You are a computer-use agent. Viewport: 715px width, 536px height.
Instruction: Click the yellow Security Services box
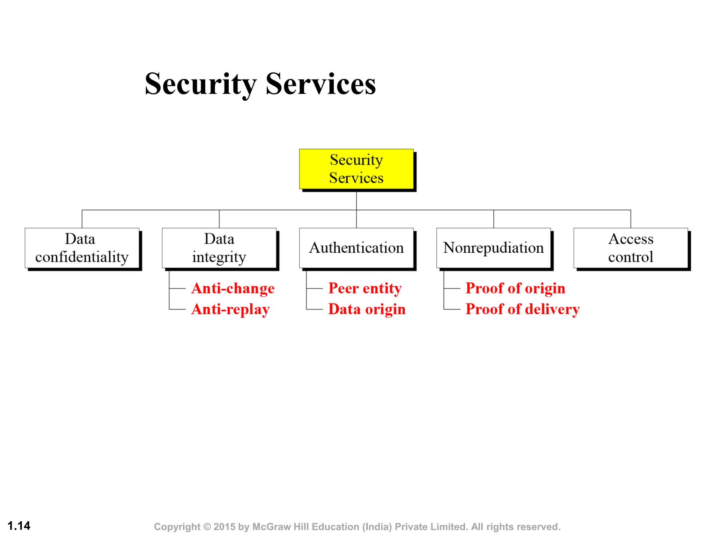click(356, 169)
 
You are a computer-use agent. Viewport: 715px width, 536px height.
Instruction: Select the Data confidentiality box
click(82, 248)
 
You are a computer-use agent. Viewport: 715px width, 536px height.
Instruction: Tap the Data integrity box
click(219, 248)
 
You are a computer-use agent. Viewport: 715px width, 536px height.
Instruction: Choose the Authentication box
click(356, 248)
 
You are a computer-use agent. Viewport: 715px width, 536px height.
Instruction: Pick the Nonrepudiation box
click(493, 248)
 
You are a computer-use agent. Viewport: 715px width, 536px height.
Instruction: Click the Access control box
click(631, 248)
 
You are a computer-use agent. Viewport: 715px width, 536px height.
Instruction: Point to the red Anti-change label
click(233, 289)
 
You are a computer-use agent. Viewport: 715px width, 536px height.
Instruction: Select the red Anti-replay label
click(230, 310)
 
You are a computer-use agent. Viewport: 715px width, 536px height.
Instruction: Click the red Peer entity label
click(365, 289)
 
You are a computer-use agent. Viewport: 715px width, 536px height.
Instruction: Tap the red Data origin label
click(367, 309)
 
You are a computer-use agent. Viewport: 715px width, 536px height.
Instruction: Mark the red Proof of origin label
click(515, 289)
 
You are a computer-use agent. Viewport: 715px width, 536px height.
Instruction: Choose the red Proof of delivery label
click(523, 309)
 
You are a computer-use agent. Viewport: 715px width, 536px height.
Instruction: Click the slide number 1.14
click(19, 526)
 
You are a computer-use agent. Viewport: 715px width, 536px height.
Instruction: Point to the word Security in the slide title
click(201, 84)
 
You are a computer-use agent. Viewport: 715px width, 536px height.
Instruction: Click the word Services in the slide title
click(320, 84)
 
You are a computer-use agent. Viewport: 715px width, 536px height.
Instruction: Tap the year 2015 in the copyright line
click(224, 527)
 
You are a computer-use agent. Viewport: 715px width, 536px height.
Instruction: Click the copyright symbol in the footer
click(207, 527)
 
